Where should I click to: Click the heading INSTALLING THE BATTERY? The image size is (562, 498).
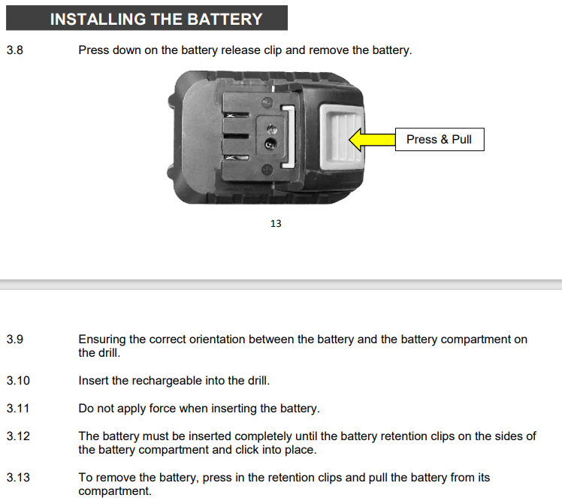[156, 19]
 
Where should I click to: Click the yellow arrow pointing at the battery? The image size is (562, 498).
[372, 140]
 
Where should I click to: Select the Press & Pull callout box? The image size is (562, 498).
[440, 140]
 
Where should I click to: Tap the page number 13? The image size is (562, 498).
[276, 224]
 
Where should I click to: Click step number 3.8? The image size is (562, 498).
[15, 50]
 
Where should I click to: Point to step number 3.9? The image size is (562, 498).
[15, 339]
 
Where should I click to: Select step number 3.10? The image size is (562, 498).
[18, 381]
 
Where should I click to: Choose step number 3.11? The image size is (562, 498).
[18, 409]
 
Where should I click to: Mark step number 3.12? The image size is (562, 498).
[18, 436]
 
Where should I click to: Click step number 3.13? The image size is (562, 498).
[18, 477]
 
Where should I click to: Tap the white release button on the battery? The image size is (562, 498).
[341, 137]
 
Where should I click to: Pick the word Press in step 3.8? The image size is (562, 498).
[94, 50]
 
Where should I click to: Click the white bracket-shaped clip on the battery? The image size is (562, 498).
[289, 137]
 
